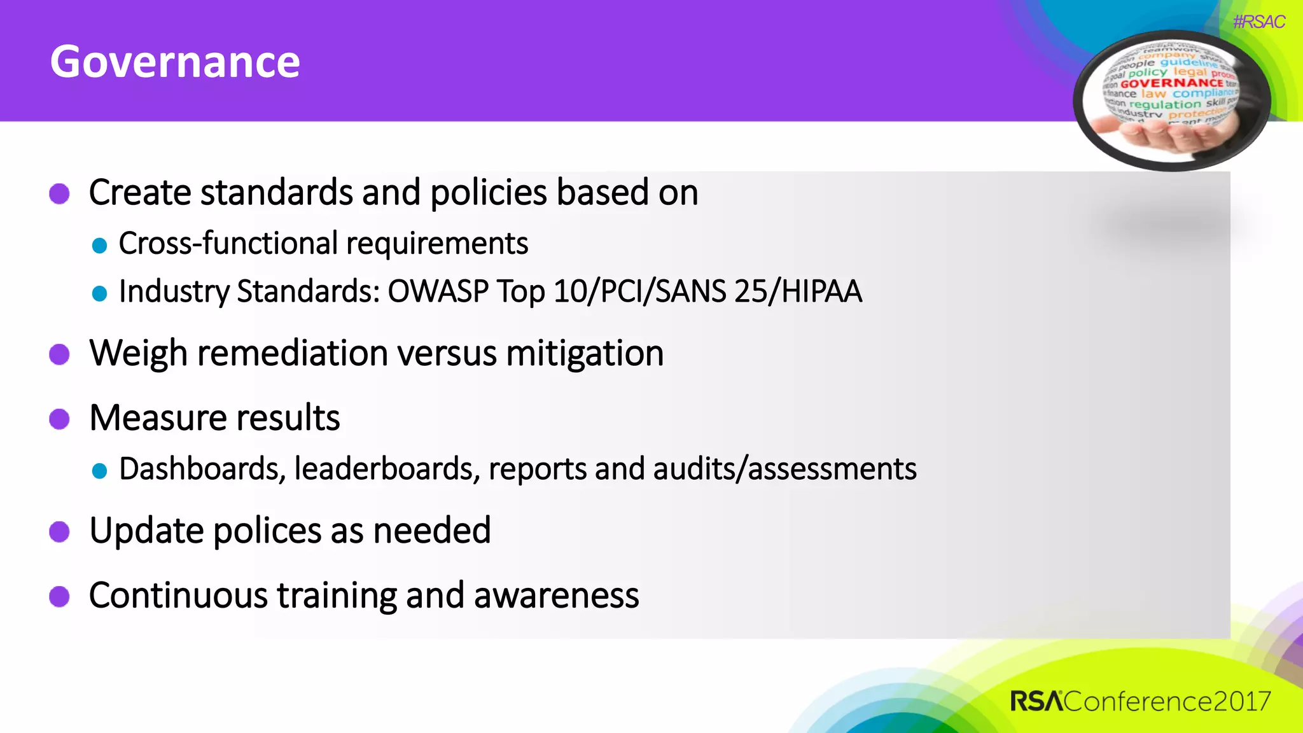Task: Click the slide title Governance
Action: coord(175,62)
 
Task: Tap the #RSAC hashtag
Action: coord(1258,22)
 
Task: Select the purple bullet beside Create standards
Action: coord(59,193)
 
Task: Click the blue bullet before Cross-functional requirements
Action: coord(99,246)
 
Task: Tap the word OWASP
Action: coord(438,292)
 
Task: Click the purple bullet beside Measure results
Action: coord(59,419)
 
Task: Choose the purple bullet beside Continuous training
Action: coord(59,596)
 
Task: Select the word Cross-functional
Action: coord(228,244)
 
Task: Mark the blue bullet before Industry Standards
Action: coord(99,293)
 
